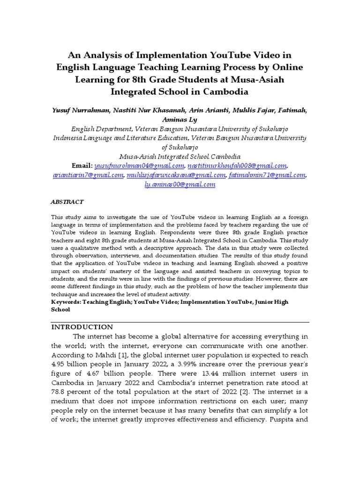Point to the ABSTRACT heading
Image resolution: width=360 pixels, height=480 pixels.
pyautogui.click(x=67, y=202)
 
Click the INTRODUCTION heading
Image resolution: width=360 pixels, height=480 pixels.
pyautogui.click(x=82, y=327)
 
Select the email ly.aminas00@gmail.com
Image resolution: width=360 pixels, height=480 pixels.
pyautogui.click(x=180, y=185)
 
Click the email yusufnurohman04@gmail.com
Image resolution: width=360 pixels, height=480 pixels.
pyautogui.click(x=139, y=166)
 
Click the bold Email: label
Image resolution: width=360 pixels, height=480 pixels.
pyautogui.click(x=82, y=166)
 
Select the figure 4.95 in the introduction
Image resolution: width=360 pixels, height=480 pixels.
pyautogui.click(x=60, y=365)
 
